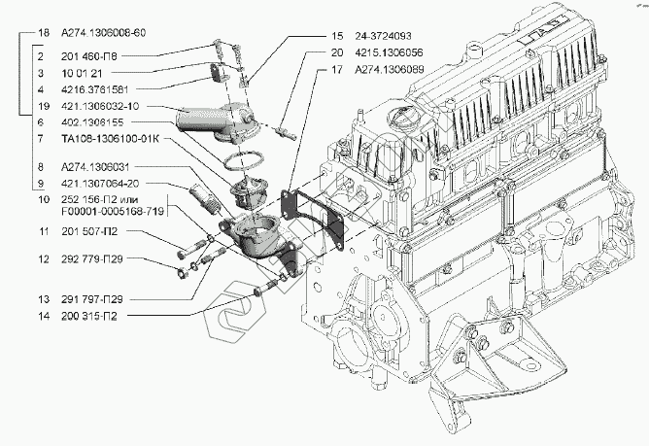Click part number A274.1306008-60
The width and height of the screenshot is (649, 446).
(x=104, y=33)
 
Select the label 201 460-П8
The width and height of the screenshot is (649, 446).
(x=89, y=56)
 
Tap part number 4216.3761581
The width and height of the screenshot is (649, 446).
(x=95, y=89)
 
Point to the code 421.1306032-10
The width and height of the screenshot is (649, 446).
(x=100, y=106)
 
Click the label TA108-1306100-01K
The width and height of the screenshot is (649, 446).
(x=109, y=138)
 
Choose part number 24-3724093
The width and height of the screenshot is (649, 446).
(x=383, y=36)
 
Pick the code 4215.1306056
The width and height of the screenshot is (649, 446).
(x=389, y=52)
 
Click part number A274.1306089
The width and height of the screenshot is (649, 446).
(x=389, y=69)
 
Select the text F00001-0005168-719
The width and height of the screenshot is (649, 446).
(x=113, y=211)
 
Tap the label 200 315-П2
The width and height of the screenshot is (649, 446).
(x=89, y=316)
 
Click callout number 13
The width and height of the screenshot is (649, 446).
(x=44, y=299)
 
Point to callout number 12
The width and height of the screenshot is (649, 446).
(x=44, y=259)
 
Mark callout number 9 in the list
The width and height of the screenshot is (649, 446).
(x=41, y=183)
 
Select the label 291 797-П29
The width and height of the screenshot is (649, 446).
(x=92, y=299)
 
